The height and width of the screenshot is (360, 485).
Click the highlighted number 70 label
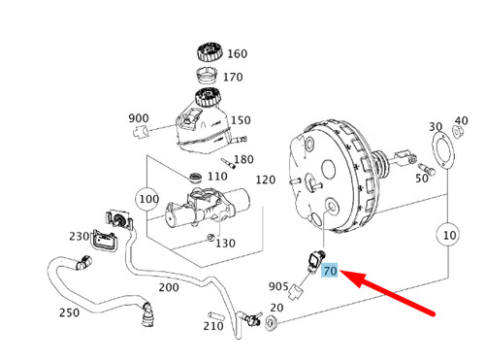click(330, 271)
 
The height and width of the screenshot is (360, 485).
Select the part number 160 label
click(238, 53)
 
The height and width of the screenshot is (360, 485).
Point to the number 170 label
click(234, 76)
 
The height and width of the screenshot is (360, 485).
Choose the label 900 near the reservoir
click(139, 118)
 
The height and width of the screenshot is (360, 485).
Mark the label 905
click(279, 286)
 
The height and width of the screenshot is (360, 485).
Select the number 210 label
click(213, 326)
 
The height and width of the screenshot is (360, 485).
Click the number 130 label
click(225, 243)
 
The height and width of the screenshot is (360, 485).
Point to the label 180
click(243, 159)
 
